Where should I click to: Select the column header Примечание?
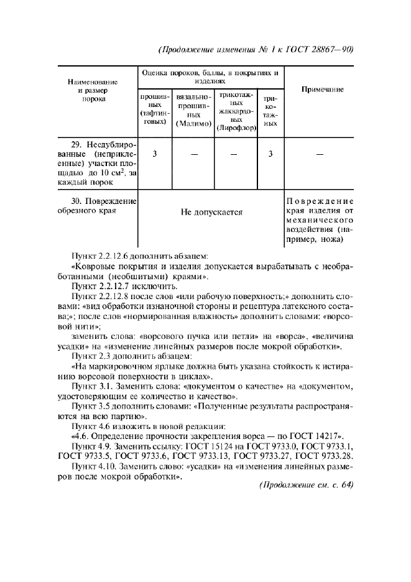tap(322, 90)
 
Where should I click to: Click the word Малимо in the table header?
tap(195, 124)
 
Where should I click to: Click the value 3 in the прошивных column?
tap(154, 154)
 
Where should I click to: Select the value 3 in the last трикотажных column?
tap(270, 154)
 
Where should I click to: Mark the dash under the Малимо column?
tap(194, 154)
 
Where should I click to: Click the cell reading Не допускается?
tap(211, 212)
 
